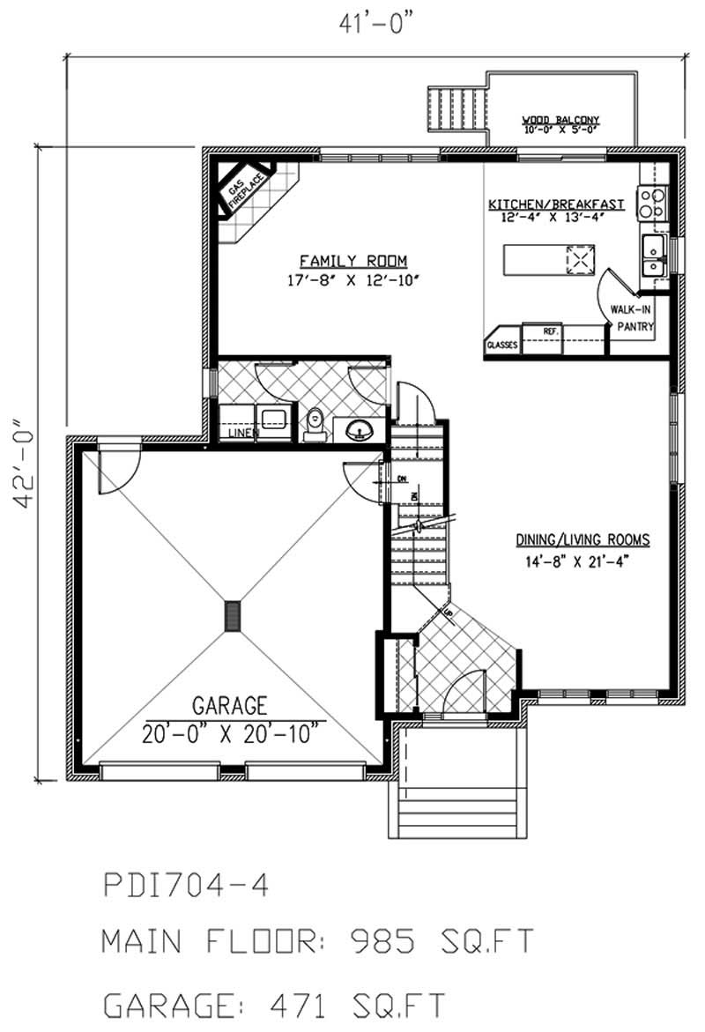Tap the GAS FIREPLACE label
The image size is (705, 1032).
pos(241,194)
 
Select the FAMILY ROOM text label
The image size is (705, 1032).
pos(352,260)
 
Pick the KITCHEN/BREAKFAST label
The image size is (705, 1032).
pos(556,204)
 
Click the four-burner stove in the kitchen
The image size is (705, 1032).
pos(652,204)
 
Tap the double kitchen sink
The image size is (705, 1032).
pos(654,256)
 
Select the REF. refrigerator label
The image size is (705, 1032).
pos(551,330)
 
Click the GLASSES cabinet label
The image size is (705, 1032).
pos(502,345)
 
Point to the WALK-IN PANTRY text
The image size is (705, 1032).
pos(634,317)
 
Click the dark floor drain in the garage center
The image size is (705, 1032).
pos(233,616)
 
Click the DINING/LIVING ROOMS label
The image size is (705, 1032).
pos(583,539)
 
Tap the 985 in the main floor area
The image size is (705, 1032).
pos(381,942)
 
